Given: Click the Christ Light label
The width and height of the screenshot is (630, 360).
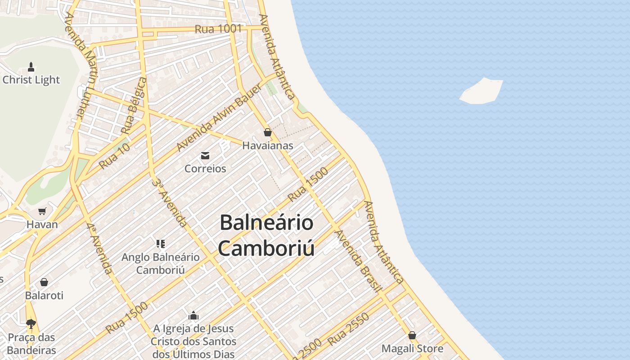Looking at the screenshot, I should (31, 80).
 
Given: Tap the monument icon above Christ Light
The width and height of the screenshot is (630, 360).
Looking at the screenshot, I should (31, 67).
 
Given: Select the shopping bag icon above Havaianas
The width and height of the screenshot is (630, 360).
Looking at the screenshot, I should (268, 132).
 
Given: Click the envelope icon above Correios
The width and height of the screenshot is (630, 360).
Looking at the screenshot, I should (205, 156).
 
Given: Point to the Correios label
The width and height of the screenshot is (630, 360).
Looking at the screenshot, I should (205, 169).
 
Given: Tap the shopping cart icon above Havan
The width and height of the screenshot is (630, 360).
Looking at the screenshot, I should (42, 211).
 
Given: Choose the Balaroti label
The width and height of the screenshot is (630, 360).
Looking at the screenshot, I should (44, 296).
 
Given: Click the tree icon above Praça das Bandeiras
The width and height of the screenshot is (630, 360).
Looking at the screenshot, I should (31, 324).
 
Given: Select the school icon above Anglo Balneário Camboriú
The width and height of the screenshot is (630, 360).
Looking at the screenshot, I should (161, 244).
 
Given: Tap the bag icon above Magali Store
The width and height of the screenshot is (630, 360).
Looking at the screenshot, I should (412, 335).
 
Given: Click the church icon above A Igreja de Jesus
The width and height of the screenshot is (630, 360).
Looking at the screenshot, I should (193, 315).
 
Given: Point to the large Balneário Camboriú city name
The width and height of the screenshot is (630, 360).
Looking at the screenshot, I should (266, 235).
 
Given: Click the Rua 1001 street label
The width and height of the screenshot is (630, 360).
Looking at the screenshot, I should (218, 29).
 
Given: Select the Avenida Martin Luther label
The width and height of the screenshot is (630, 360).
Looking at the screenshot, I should (81, 65).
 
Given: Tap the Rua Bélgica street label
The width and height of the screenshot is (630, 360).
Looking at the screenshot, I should (134, 106).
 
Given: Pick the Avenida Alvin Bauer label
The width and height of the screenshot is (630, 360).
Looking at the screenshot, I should (219, 117).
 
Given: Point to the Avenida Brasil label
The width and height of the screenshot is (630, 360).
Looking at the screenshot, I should (359, 261).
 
